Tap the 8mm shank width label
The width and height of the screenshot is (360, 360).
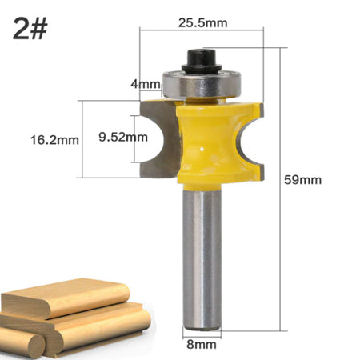click(202, 345)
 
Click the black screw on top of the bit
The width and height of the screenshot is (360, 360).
click(197, 59)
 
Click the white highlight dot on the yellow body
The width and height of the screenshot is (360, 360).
click(206, 148)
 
